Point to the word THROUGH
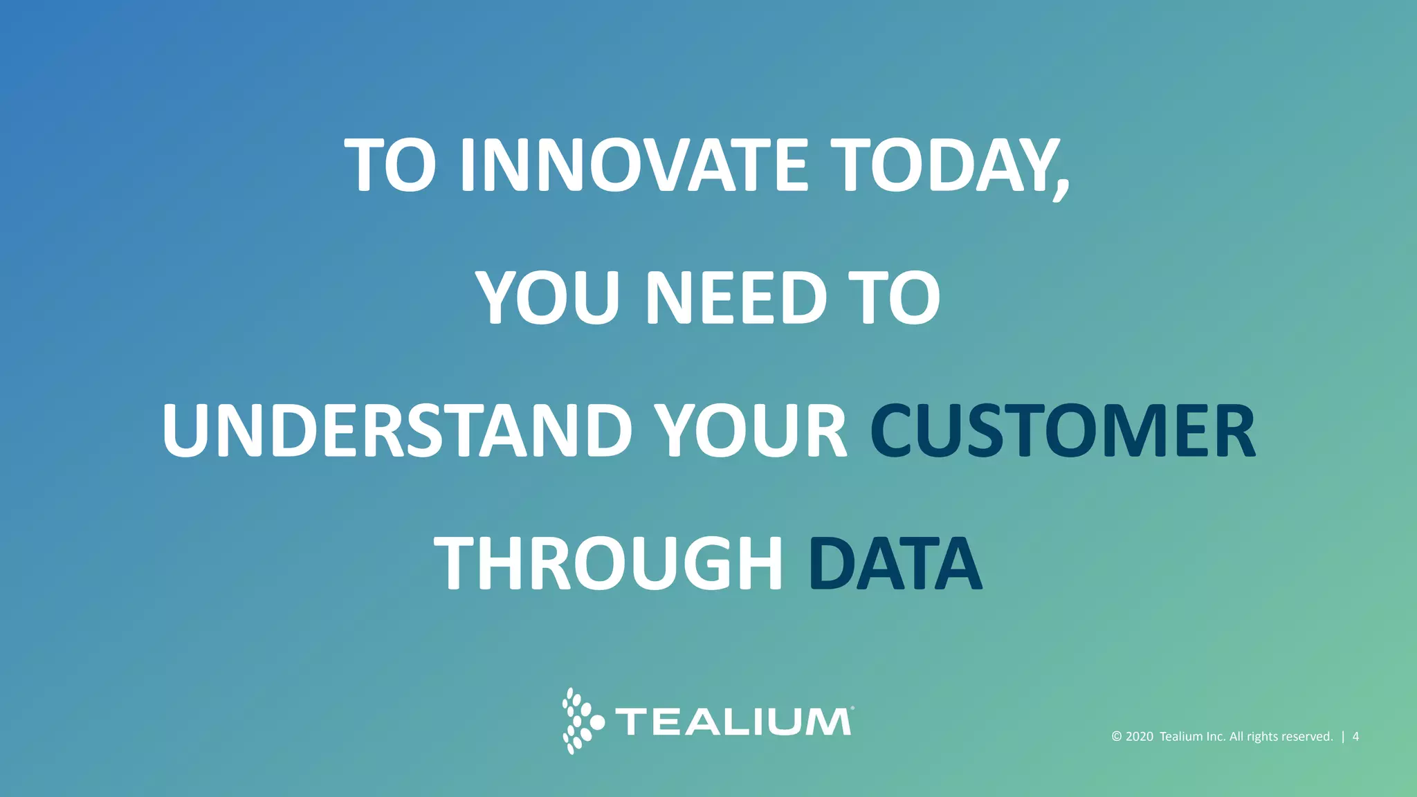pos(609,563)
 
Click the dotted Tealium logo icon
pos(581,721)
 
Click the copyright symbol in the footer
pos(1117,737)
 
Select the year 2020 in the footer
pos(1140,737)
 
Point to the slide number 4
pos(1355,737)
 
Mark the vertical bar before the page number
pos(1343,737)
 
